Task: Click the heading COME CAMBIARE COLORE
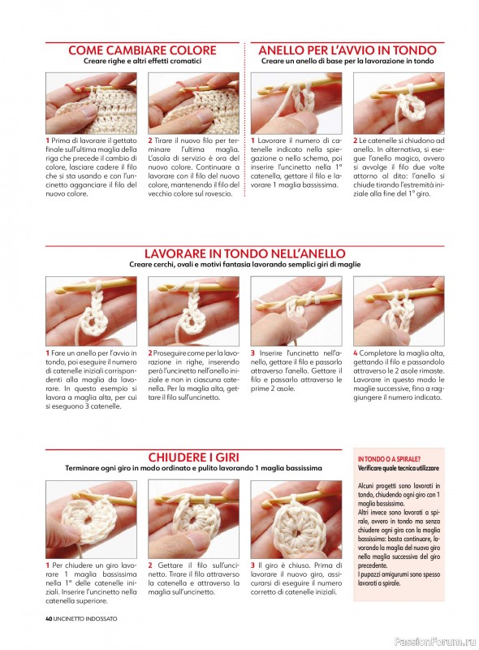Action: coord(142,50)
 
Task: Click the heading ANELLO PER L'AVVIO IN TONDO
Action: coord(347,50)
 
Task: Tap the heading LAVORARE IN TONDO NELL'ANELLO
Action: coord(244,253)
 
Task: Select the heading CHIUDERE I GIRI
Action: coord(193,457)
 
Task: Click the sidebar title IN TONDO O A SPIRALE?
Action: coord(389,459)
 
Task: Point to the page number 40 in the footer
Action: coord(49,618)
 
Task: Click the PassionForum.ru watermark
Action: coord(435,642)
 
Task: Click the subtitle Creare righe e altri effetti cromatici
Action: coord(142,61)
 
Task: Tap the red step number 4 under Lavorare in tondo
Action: coord(355,353)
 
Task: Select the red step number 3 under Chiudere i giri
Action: coord(252,565)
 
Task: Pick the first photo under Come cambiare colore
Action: coord(91,103)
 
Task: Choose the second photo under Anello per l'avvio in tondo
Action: coord(399,103)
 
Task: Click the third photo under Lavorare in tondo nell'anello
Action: coord(296,311)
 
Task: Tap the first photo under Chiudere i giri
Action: coord(91,519)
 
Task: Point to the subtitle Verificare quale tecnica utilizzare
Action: coord(398,468)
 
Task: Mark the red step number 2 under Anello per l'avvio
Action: coord(355,141)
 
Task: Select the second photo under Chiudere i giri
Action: coord(193,519)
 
